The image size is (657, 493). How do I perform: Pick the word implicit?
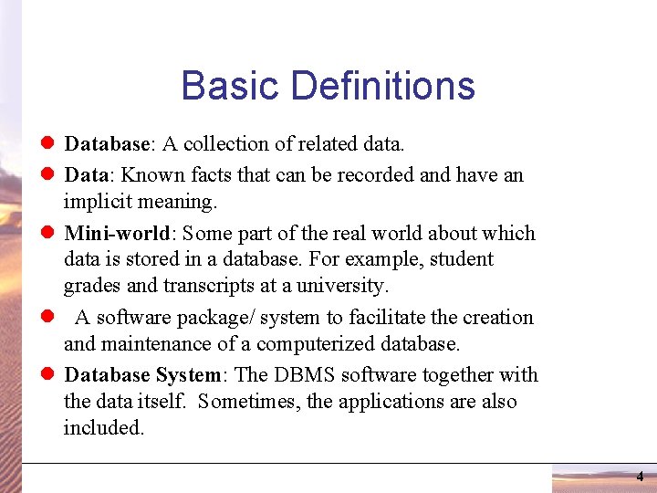point(99,200)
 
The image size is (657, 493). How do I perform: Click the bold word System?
point(188,375)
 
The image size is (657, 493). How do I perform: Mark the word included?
point(102,427)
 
